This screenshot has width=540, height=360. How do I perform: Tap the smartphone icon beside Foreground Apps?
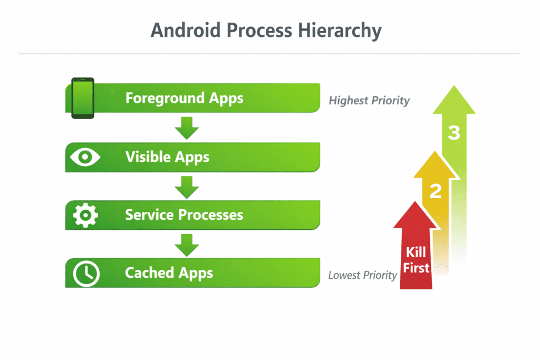click(x=83, y=99)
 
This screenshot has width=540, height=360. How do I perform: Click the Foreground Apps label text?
click(x=184, y=99)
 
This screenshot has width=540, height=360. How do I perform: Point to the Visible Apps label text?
click(x=167, y=157)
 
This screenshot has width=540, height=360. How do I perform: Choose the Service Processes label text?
click(x=184, y=215)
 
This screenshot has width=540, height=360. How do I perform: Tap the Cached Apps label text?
click(x=169, y=273)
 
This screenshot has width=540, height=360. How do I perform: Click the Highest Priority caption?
click(x=369, y=100)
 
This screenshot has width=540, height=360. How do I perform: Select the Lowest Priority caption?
click(x=362, y=275)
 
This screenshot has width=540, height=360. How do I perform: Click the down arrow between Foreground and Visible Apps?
click(x=187, y=128)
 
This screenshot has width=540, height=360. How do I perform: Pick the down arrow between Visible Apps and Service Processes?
click(x=187, y=186)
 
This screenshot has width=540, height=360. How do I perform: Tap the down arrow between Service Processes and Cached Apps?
click(x=187, y=244)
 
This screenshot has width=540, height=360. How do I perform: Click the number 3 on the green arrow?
click(x=454, y=133)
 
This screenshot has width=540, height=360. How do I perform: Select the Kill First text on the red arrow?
click(x=416, y=260)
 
